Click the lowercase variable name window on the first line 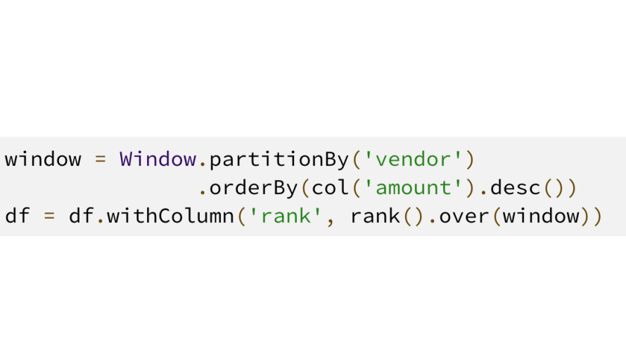[43, 159]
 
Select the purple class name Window [158, 159]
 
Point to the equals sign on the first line [100, 159]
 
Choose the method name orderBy [253, 188]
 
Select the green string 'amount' [413, 188]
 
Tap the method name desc [515, 188]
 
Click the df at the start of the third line [17, 216]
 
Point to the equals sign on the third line [49, 216]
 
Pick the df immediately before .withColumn [81, 216]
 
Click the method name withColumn [170, 216]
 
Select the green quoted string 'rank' [286, 216]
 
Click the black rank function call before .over [375, 216]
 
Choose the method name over [464, 216]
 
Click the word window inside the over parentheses [541, 216]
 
